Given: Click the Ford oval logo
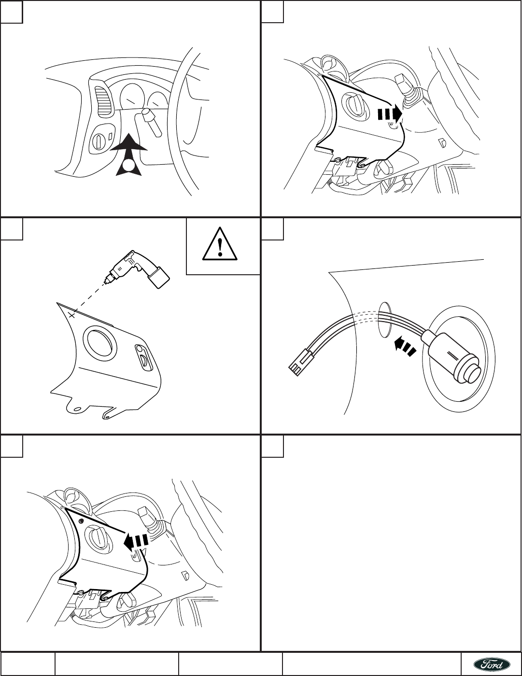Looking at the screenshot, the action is coord(491,664).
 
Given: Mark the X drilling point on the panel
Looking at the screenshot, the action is coord(71,315).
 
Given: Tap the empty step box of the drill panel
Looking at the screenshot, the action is coord(12,229).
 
